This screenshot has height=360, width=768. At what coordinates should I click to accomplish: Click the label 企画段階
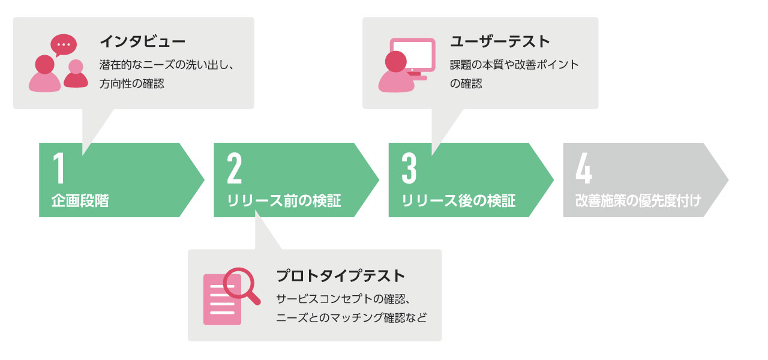click(x=80, y=200)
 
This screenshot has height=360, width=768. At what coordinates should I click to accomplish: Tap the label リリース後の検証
click(x=458, y=200)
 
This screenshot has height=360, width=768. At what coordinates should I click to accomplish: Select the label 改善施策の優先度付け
click(x=638, y=200)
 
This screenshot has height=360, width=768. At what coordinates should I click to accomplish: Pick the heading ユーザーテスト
click(x=500, y=41)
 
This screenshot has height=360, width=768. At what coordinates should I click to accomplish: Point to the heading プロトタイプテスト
click(x=341, y=276)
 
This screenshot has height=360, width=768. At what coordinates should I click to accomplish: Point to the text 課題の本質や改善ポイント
click(x=514, y=65)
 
